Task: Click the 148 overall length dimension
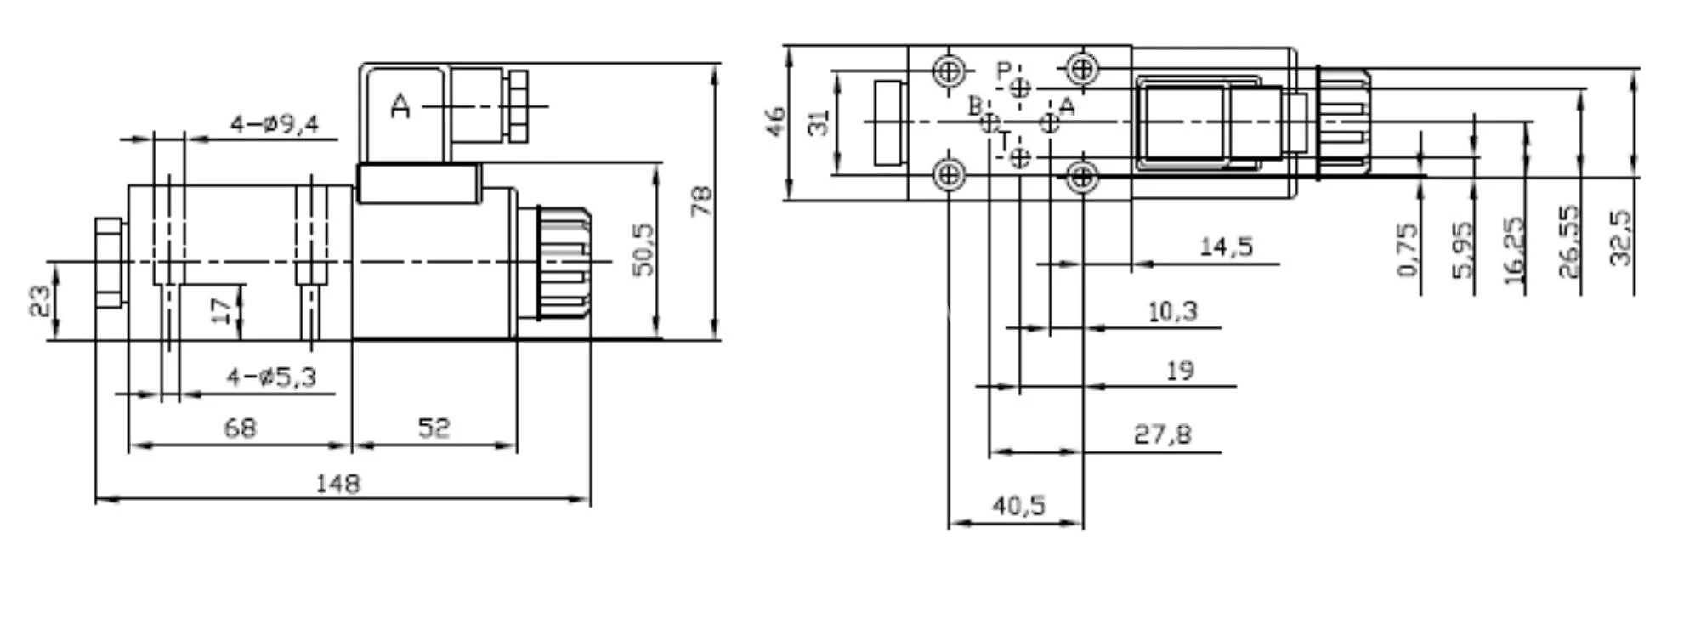coord(337,484)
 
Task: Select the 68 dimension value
coord(240,428)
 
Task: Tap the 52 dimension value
coord(434,428)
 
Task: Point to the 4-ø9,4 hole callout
coord(275,125)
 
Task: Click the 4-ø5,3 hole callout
coord(271,377)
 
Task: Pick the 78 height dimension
coord(702,201)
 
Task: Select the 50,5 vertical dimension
coord(643,250)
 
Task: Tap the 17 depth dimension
coord(221,310)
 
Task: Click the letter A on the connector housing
coord(400,107)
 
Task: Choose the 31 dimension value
coord(818,122)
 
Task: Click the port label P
coord(1004,71)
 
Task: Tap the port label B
coord(976,106)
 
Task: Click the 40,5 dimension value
coord(1018,506)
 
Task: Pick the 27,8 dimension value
coord(1162,434)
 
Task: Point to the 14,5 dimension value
coord(1226,247)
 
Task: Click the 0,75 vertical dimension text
coord(1408,250)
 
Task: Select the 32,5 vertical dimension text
coord(1621,238)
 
